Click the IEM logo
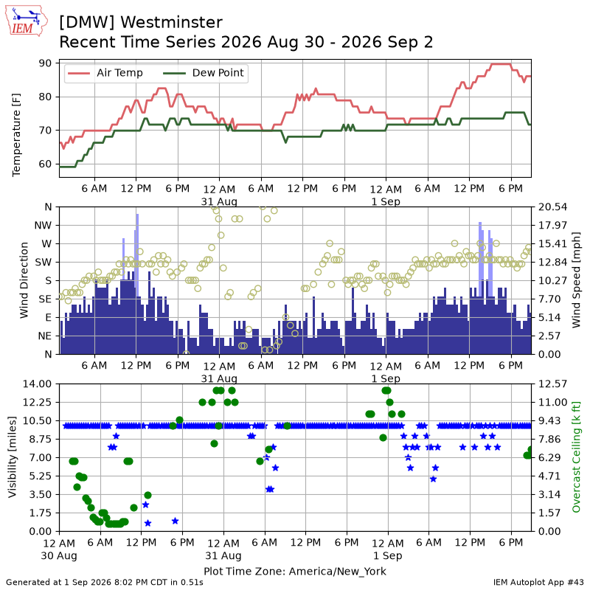tap(27, 21)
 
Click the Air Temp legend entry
tap(104, 72)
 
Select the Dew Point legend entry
tap(204, 72)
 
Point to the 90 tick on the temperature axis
tap(45, 63)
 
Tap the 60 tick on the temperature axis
tap(45, 164)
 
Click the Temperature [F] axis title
tap(16, 135)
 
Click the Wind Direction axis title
tap(24, 280)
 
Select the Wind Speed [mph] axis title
tap(576, 280)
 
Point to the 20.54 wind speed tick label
tap(552, 207)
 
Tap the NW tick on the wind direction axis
tap(43, 226)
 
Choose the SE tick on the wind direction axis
tap(45, 299)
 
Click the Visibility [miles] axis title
tap(13, 457)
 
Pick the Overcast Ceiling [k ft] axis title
tap(576, 457)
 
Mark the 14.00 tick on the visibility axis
tap(37, 383)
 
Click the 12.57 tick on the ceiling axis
tap(552, 383)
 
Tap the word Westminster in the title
tap(172, 22)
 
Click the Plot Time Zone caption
tap(295, 572)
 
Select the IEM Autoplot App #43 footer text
tap(538, 583)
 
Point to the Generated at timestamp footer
tap(105, 583)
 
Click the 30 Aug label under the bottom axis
tap(59, 556)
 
